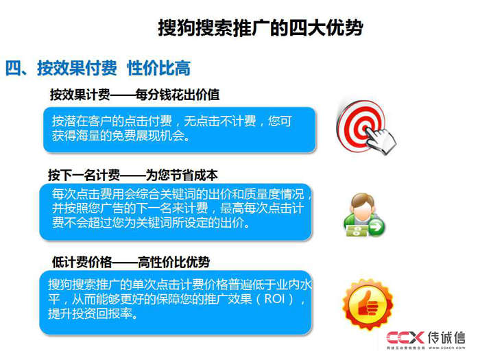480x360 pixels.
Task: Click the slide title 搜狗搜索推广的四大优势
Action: [x=260, y=29]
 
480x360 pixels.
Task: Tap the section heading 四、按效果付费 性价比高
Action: [x=97, y=68]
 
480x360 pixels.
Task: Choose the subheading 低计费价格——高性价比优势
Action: [x=131, y=262]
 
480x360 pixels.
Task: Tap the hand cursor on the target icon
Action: [x=381, y=139]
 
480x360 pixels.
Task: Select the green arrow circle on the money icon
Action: [x=376, y=227]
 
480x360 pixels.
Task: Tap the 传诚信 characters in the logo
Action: [x=446, y=337]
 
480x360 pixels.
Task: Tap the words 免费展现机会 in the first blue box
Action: [x=150, y=135]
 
